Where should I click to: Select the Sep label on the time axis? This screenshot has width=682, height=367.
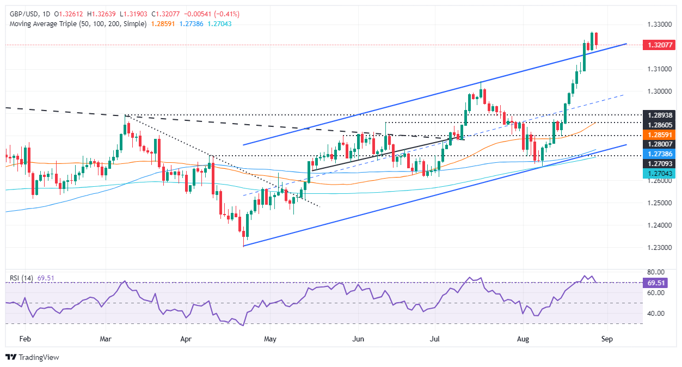607,339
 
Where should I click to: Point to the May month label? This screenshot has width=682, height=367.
271,339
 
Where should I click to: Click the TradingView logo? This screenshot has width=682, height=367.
32,357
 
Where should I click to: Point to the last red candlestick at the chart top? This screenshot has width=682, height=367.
597,39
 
